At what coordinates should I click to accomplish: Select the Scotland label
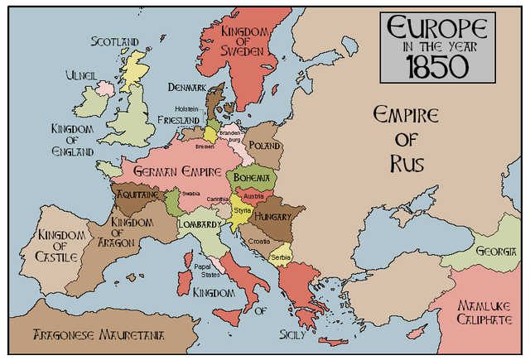click(x=115, y=41)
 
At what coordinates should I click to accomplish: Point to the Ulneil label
click(x=82, y=75)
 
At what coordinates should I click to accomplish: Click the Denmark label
click(x=186, y=87)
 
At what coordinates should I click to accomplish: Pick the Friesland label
click(x=178, y=120)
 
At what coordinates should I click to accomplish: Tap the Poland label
click(x=264, y=144)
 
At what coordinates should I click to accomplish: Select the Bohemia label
click(x=252, y=178)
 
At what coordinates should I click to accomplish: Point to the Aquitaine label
click(x=137, y=194)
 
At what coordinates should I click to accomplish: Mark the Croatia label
click(x=259, y=241)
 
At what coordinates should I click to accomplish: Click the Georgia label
click(x=497, y=252)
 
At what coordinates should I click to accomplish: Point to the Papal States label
click(x=203, y=271)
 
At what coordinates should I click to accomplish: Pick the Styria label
click(x=242, y=211)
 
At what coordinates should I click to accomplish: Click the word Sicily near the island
click(x=292, y=335)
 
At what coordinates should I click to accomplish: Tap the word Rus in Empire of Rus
click(x=407, y=164)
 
